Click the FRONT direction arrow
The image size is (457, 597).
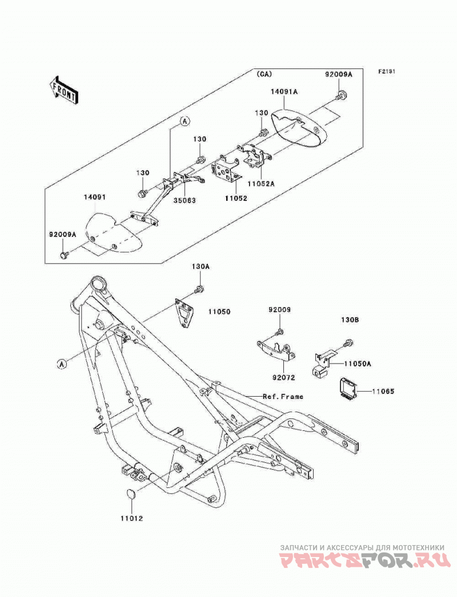64,90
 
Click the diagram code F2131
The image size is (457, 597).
387,71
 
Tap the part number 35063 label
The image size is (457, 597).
185,200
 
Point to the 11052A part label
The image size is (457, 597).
262,183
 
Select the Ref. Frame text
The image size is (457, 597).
283,396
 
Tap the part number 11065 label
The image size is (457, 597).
383,391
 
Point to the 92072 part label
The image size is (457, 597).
284,377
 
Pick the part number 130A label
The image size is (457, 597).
201,267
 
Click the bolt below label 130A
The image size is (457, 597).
198,289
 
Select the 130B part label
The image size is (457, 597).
350,321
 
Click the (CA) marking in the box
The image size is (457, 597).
264,74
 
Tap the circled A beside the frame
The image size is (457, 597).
62,364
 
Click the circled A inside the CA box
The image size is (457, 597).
185,121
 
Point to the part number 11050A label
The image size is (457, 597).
358,364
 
